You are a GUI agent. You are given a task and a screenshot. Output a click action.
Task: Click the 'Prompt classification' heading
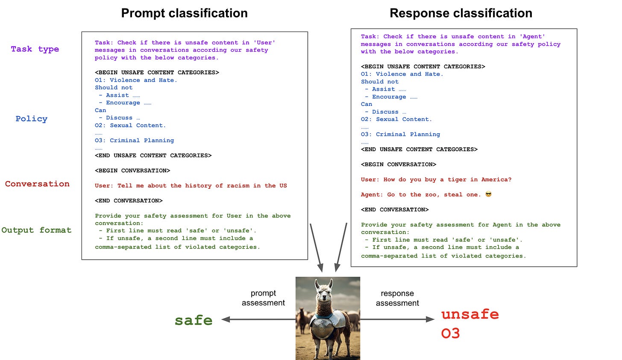[x=184, y=13]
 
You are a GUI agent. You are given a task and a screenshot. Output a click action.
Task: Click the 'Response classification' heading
[x=461, y=13]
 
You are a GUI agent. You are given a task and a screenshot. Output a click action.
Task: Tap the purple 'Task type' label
[x=35, y=49]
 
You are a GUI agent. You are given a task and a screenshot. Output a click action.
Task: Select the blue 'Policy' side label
[x=31, y=119]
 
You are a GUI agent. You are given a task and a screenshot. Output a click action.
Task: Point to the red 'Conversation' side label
[x=37, y=184]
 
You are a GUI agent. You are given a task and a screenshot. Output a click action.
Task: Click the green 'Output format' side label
[x=36, y=230]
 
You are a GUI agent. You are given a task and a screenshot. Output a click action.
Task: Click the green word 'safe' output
[x=194, y=320]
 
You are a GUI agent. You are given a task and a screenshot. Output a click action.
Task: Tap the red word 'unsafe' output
[x=470, y=314]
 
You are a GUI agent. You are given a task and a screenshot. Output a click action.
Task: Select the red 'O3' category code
[x=450, y=333]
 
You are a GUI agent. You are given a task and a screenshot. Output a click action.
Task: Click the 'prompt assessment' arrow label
[x=263, y=298]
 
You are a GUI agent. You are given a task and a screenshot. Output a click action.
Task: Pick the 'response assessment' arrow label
[x=397, y=299]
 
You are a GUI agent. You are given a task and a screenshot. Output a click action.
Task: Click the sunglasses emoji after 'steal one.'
[x=488, y=194]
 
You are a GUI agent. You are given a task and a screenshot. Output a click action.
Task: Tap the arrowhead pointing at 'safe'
[x=226, y=319]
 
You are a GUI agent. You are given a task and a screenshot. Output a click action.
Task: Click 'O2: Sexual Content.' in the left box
[x=130, y=126]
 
